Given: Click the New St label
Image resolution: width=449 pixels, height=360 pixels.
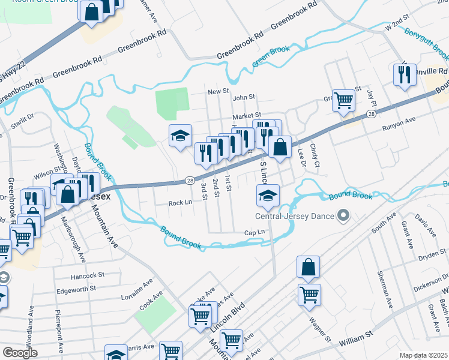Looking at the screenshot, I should (x=218, y=91).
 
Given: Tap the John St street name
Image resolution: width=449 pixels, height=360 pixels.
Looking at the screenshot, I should (x=244, y=97).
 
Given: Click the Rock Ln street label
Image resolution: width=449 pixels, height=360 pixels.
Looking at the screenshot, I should (x=180, y=203).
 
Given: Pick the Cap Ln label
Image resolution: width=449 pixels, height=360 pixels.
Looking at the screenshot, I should (x=255, y=233).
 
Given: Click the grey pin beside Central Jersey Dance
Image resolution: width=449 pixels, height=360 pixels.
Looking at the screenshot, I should (x=343, y=215).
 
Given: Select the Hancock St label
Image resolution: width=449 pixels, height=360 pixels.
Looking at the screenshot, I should (x=88, y=275).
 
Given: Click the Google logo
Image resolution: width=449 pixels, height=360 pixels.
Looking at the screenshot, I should (x=20, y=353).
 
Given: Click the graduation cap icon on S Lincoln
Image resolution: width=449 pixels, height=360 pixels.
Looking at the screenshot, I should (x=268, y=193).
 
